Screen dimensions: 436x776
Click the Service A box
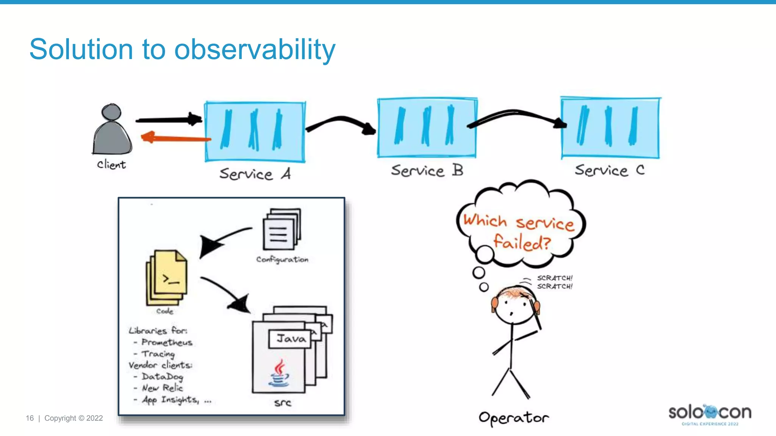click(255, 132)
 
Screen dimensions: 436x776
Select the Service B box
click(427, 128)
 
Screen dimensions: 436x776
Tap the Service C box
click(610, 128)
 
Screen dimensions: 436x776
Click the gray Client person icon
click(112, 131)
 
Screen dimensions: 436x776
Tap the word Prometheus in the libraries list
click(167, 342)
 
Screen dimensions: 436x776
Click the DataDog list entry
click(162, 377)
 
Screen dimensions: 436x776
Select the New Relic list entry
click(162, 388)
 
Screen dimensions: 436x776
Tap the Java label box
click(290, 339)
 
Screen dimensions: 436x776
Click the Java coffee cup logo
click(279, 374)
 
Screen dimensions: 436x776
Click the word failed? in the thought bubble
click(522, 242)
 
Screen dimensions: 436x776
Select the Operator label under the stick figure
click(513, 418)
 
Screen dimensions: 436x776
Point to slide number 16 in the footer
click(30, 418)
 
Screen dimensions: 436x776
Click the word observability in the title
click(255, 50)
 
